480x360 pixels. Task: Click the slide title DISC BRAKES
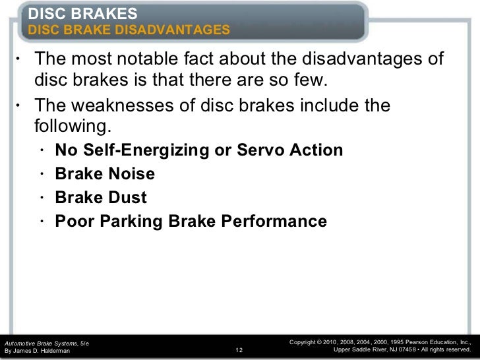coord(83,13)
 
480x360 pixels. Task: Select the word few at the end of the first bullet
coord(309,80)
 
